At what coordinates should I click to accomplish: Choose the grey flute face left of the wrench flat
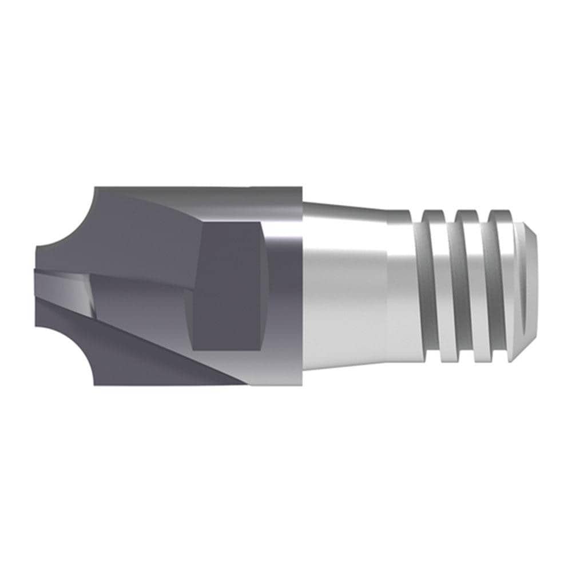143,292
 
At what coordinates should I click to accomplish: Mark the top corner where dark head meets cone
301,189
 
